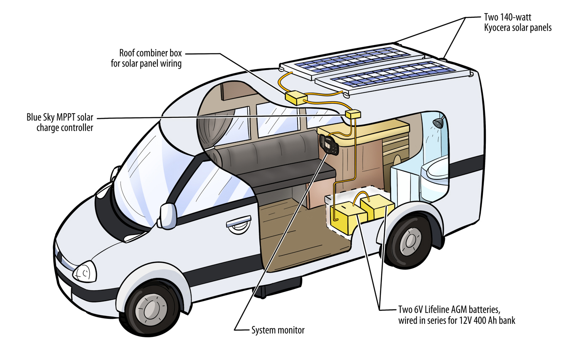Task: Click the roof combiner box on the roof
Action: (297, 98)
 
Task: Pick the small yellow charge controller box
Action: (353, 115)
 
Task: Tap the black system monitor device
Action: (328, 145)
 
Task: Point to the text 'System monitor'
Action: (277, 330)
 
